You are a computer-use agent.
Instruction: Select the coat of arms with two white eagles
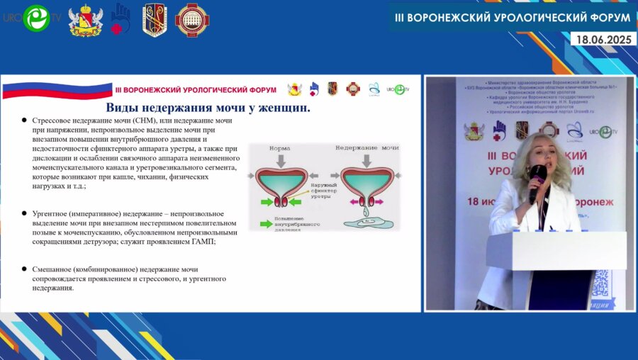(85, 20)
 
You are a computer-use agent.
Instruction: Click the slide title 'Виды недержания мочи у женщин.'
(208, 108)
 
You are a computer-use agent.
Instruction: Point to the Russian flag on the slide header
(57, 91)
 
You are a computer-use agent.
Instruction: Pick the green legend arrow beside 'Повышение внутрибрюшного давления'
(267, 224)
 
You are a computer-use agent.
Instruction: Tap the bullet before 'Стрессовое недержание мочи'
(24, 121)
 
